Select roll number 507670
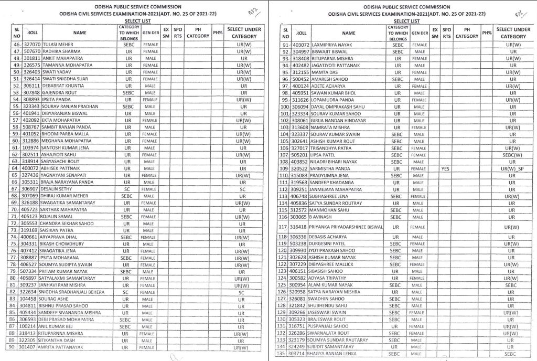(x=31, y=51)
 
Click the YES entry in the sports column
(x=446, y=169)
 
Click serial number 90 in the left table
(x=15, y=347)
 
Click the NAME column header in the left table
(x=80, y=33)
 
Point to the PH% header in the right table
(x=487, y=33)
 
